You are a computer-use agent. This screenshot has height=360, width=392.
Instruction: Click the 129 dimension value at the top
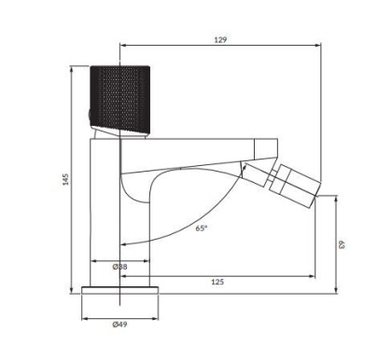tap(220, 40)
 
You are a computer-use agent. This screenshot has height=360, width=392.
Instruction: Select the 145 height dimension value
tap(64, 178)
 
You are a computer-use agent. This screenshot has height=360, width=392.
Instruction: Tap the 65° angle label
tap(202, 227)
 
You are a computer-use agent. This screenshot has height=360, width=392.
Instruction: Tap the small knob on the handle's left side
tap(89, 115)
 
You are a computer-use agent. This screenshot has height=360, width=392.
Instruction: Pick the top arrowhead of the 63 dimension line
tap(337, 199)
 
